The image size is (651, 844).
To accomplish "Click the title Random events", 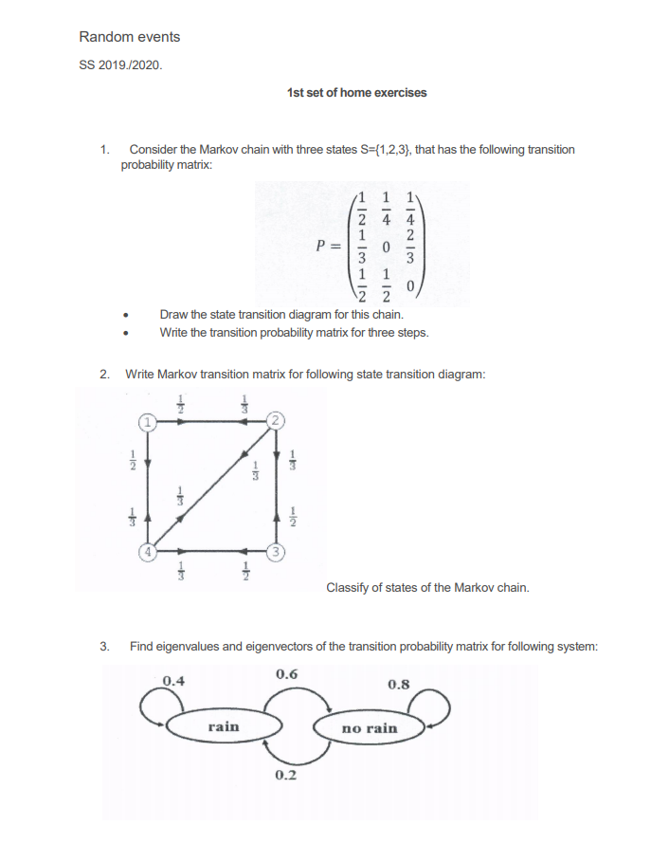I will click(x=129, y=37).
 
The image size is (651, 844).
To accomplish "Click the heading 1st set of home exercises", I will click(x=355, y=92).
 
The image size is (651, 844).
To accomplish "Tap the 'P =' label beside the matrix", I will click(x=330, y=245).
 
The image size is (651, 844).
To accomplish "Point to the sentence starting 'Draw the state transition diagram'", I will click(x=280, y=314).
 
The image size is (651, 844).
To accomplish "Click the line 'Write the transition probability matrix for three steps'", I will click(x=294, y=332).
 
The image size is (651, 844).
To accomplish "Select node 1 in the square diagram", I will click(x=148, y=420).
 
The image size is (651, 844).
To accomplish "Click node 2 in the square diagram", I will click(x=275, y=420).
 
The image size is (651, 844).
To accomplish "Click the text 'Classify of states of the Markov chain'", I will click(x=427, y=587).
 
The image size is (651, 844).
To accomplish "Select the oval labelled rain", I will click(x=224, y=726).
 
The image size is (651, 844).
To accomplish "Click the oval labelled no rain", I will click(x=370, y=728).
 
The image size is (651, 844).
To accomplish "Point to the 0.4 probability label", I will click(x=174, y=680).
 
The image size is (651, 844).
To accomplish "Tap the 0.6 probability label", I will click(x=287, y=673).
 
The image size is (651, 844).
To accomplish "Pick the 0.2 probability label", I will click(x=285, y=776).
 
